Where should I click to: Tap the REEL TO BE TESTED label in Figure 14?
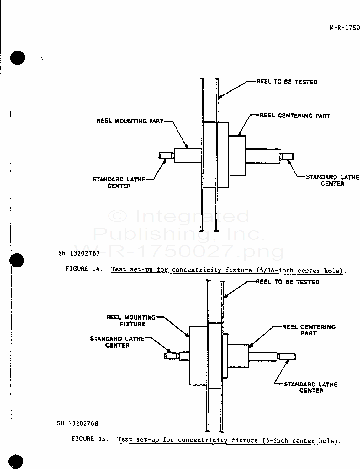click(287, 82)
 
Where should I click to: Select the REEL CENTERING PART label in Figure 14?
click(295, 116)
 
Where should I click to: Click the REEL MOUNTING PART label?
click(130, 121)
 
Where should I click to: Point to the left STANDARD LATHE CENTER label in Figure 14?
click(119, 183)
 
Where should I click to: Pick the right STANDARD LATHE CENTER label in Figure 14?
click(332, 180)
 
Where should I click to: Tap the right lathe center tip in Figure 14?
click(287, 156)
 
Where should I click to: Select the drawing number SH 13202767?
click(79, 253)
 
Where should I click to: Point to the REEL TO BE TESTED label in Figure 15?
click(287, 282)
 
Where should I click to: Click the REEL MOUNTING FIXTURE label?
click(131, 321)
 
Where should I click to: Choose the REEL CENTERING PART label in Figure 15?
click(309, 330)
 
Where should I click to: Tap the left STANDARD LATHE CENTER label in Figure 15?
click(117, 342)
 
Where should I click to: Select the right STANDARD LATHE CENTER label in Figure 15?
click(311, 387)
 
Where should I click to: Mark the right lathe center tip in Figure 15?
click(287, 357)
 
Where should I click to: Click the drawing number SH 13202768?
click(77, 423)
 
